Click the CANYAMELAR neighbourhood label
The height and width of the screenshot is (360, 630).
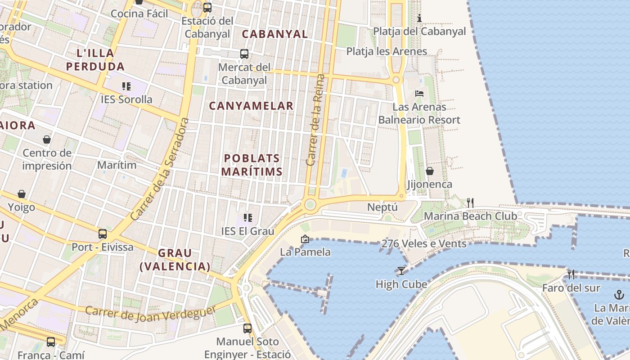[x=251, y=106]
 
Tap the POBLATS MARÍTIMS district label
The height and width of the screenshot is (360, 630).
[x=252, y=165]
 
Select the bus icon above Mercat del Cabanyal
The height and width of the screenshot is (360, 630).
[x=244, y=54]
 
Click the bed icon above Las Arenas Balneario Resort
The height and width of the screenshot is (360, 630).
[x=419, y=94]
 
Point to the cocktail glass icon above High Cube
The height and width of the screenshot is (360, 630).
[x=401, y=270]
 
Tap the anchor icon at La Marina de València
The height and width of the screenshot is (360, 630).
[x=619, y=295]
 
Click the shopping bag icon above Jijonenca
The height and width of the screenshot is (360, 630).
[x=430, y=171]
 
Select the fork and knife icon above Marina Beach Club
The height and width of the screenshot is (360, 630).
[x=470, y=202]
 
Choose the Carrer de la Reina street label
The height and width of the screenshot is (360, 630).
[x=315, y=120]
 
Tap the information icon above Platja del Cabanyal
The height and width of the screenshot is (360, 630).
[x=419, y=18]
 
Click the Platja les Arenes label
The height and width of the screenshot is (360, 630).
[x=387, y=51]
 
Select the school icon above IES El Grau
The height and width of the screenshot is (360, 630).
[x=247, y=218]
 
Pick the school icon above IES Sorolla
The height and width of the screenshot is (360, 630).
[x=126, y=86]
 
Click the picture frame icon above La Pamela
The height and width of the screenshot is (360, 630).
[x=305, y=239]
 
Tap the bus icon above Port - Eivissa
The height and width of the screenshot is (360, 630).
[x=103, y=234]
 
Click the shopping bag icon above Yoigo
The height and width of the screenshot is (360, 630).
[x=22, y=194]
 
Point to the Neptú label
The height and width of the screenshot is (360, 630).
[x=382, y=207]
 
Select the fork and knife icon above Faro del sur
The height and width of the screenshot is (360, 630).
[x=571, y=274]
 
